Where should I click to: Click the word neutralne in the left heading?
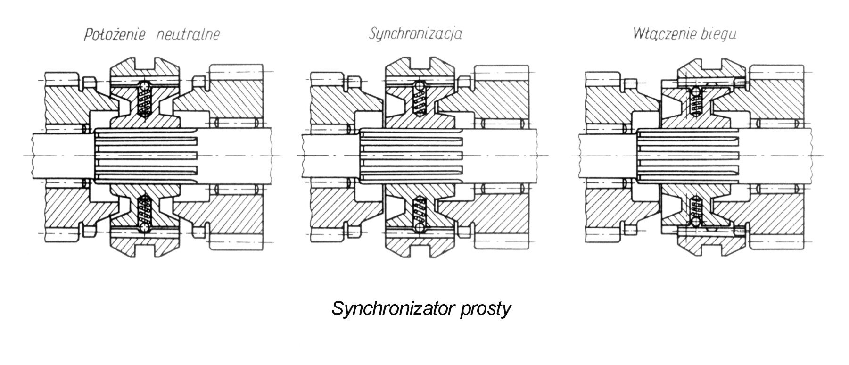point(187,35)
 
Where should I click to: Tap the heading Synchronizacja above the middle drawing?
point(415,34)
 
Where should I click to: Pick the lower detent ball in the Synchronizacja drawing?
point(420,227)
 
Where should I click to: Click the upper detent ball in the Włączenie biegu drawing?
point(694,92)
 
